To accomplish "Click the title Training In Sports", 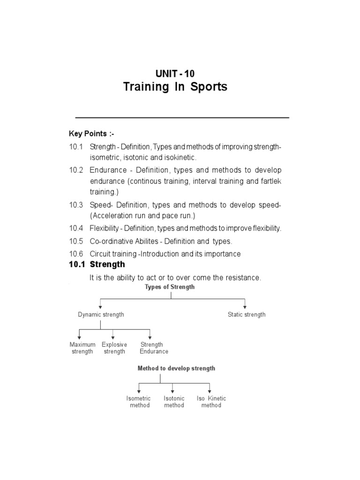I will point(175,87).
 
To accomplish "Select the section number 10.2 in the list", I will point(75,170).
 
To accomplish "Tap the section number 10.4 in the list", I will point(75,228).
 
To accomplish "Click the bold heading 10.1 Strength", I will point(97,264).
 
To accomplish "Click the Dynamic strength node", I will point(101,315).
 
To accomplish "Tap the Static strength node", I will point(247,315).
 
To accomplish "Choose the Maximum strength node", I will point(82,348).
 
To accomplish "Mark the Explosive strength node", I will point(114,348).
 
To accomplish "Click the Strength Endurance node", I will point(154,348).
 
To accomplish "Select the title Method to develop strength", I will point(176,368).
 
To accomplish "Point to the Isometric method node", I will point(139,402).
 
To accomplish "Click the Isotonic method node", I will point(174,402).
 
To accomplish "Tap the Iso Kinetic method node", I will point(211,402).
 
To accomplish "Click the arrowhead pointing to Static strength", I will point(245,307).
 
